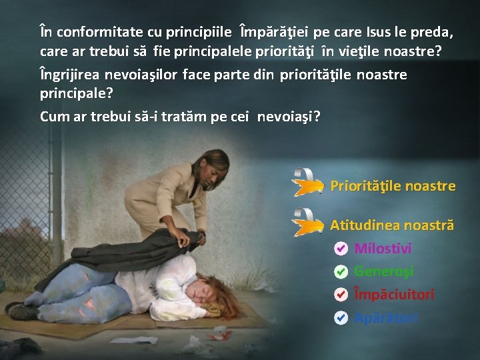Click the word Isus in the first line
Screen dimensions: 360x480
(381, 32)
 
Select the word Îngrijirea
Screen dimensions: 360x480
(69, 75)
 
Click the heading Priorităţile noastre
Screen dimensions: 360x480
(393, 186)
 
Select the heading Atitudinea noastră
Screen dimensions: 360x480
(392, 225)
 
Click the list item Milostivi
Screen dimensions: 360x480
(383, 249)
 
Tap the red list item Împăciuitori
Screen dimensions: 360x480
(393, 294)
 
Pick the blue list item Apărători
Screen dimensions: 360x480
(387, 317)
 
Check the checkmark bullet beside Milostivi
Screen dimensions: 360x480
(340, 249)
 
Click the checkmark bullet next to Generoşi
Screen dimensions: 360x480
(340, 271)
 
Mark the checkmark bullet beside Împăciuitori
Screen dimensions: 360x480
(340, 294)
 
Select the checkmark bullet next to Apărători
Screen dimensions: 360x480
(340, 317)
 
